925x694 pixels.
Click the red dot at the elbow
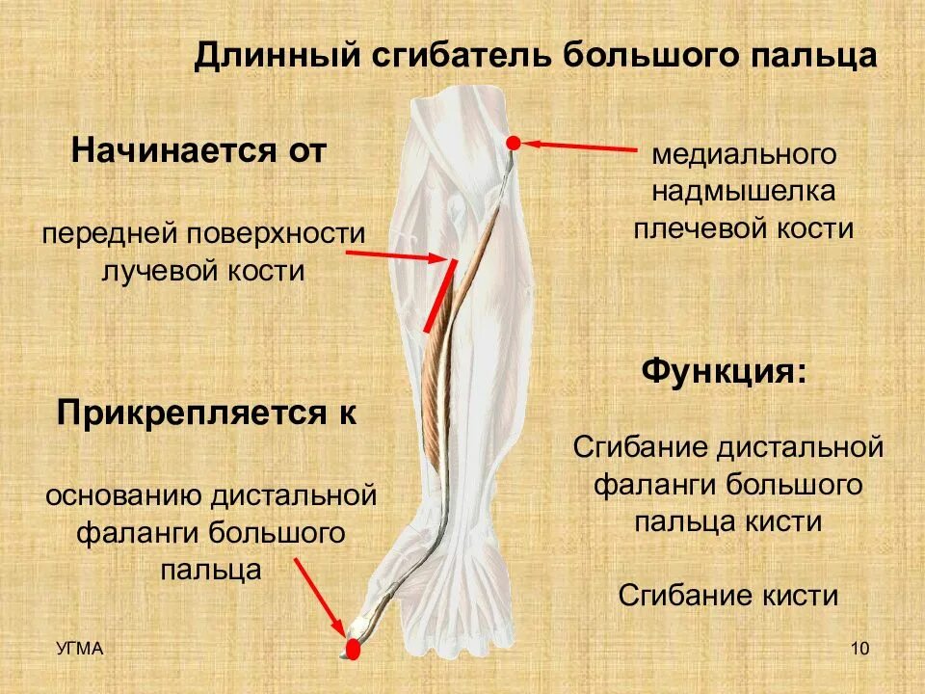(x=514, y=143)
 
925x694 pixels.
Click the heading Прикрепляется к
(x=206, y=414)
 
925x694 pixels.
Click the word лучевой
(x=161, y=271)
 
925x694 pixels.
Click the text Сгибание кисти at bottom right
(x=728, y=594)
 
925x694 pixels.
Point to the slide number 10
(x=860, y=649)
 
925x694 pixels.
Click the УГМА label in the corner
(x=78, y=649)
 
